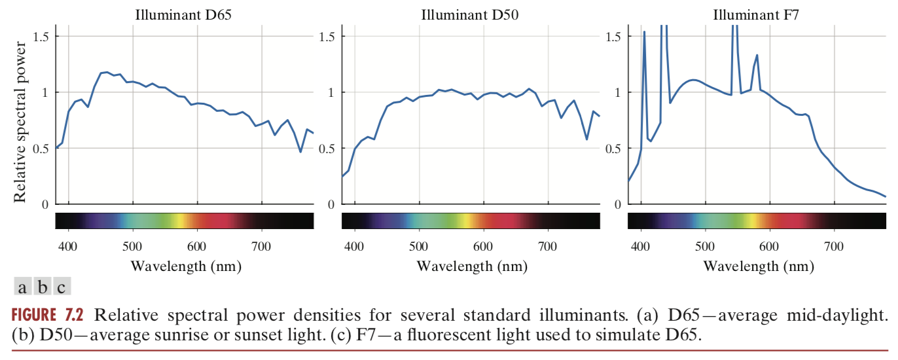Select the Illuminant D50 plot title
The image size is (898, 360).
coord(470,14)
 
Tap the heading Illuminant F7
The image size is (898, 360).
coord(756,14)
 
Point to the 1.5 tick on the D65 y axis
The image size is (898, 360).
coord(41,37)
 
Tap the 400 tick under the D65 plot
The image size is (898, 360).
coord(68,246)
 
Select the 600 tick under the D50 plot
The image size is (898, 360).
coord(483,246)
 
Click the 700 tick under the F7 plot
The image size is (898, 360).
coord(833,246)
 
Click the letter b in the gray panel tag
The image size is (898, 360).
coord(42,287)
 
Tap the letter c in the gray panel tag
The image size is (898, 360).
coord(61,287)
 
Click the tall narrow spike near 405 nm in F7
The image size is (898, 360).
coord(644,33)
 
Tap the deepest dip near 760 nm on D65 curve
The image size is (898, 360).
coord(300,151)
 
